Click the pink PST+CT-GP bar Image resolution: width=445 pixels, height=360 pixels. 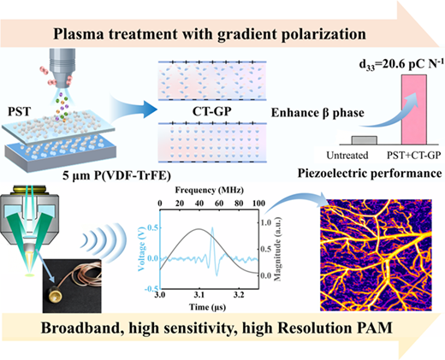click(x=414, y=109)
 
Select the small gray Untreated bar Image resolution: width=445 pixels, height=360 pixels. click(x=365, y=140)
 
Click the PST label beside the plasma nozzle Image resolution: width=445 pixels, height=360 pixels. click(x=19, y=111)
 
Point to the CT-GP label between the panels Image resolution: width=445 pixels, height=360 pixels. click(x=211, y=111)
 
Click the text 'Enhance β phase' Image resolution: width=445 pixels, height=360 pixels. click(x=317, y=113)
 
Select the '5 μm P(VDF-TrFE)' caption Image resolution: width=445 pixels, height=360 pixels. click(x=116, y=175)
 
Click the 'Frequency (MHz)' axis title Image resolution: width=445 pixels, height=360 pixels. click(x=210, y=190)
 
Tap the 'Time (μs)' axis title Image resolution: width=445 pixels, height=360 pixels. click(x=207, y=307)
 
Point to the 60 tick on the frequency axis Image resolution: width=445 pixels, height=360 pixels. click(x=219, y=204)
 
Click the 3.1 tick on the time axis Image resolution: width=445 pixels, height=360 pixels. click(x=199, y=294)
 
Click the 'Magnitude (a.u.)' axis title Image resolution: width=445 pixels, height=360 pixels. click(x=277, y=249)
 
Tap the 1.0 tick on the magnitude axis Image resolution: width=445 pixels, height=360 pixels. click(x=266, y=222)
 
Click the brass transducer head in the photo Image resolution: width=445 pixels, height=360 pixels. click(x=56, y=296)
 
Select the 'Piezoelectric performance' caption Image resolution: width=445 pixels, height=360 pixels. click(x=370, y=173)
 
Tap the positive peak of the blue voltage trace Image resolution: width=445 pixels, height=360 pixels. click(x=212, y=227)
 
